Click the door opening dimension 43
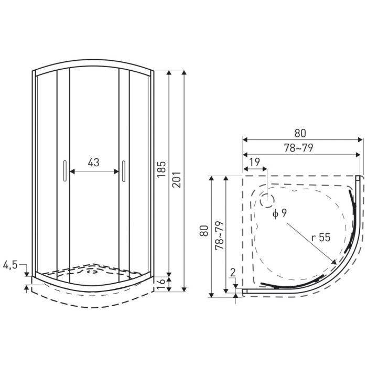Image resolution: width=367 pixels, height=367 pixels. tap(93, 163)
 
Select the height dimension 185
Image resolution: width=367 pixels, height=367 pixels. tap(161, 169)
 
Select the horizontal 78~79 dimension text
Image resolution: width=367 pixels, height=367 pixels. tap(299, 148)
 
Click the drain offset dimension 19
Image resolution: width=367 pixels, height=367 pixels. tap(254, 163)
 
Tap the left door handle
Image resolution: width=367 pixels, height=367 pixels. tap(63, 172)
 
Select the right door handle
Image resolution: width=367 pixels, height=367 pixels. tap(124, 172)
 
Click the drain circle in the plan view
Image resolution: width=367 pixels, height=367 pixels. tap(267, 199)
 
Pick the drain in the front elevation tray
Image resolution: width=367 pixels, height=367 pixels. tap(93, 271)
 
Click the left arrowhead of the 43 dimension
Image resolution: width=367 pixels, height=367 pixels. tap(72, 171)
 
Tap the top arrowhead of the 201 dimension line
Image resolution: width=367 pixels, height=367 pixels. tap(184, 73)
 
